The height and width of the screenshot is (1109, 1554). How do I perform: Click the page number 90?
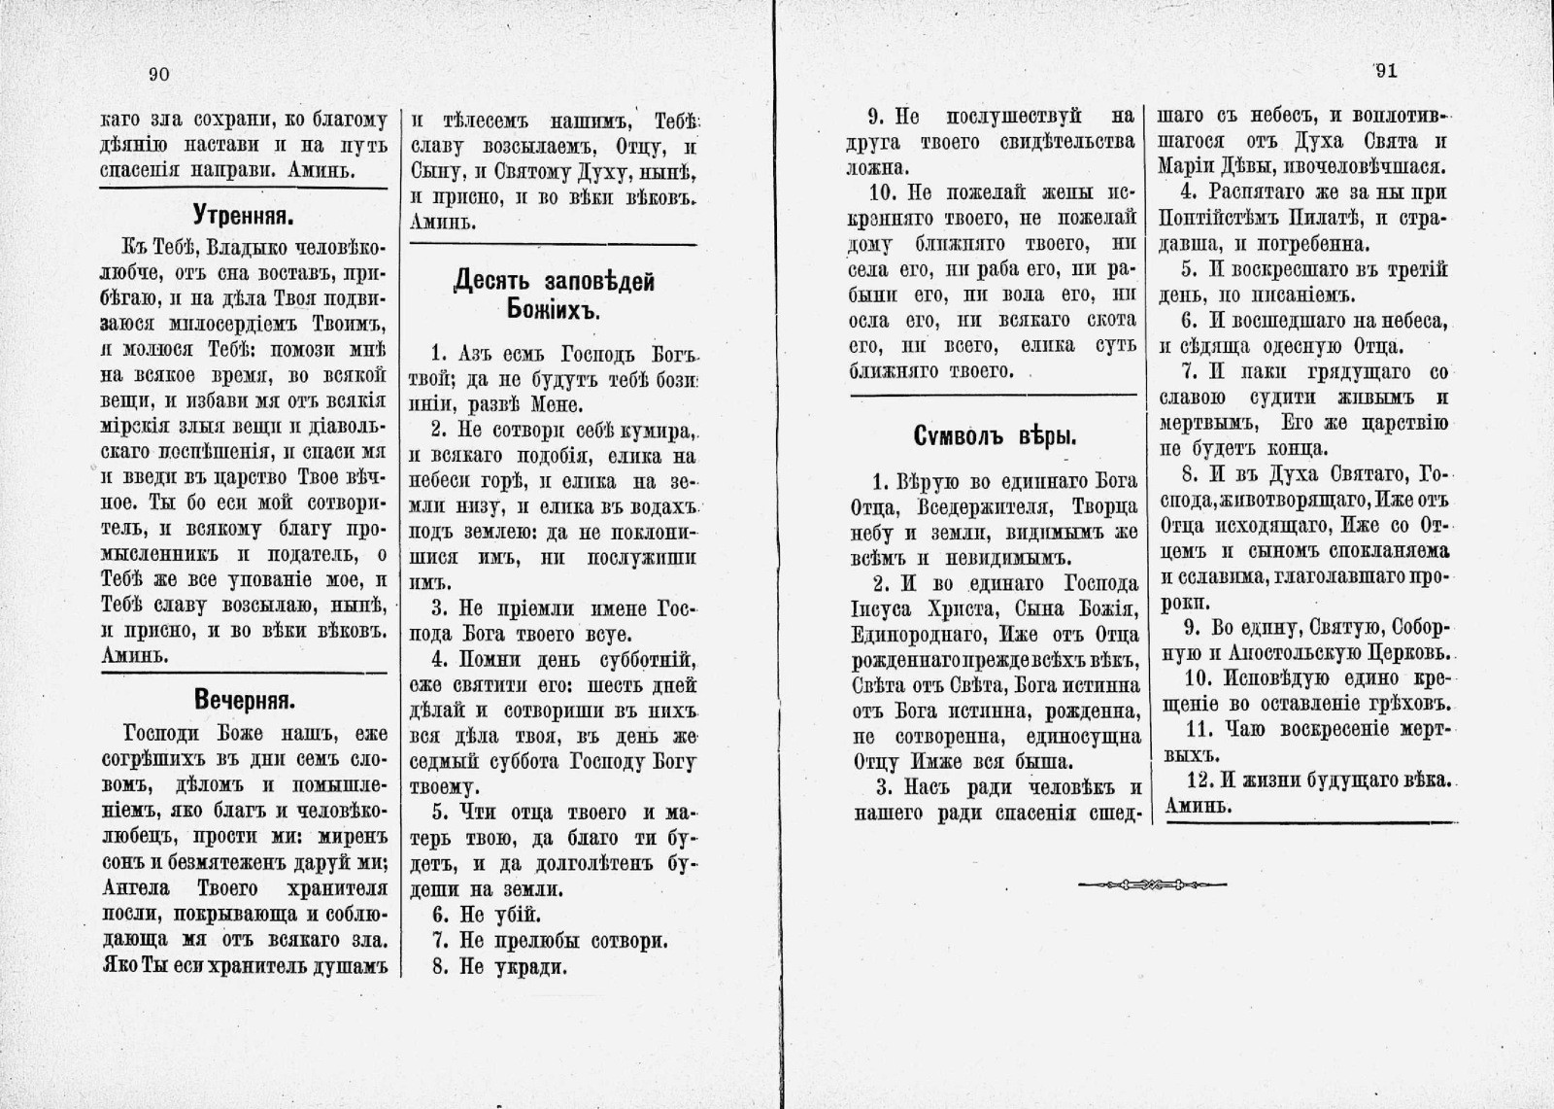159,74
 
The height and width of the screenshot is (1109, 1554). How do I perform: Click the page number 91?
1386,71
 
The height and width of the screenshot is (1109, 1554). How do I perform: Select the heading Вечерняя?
244,700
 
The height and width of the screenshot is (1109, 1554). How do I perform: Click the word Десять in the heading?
496,282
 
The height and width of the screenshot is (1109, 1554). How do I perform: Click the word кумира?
643,431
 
